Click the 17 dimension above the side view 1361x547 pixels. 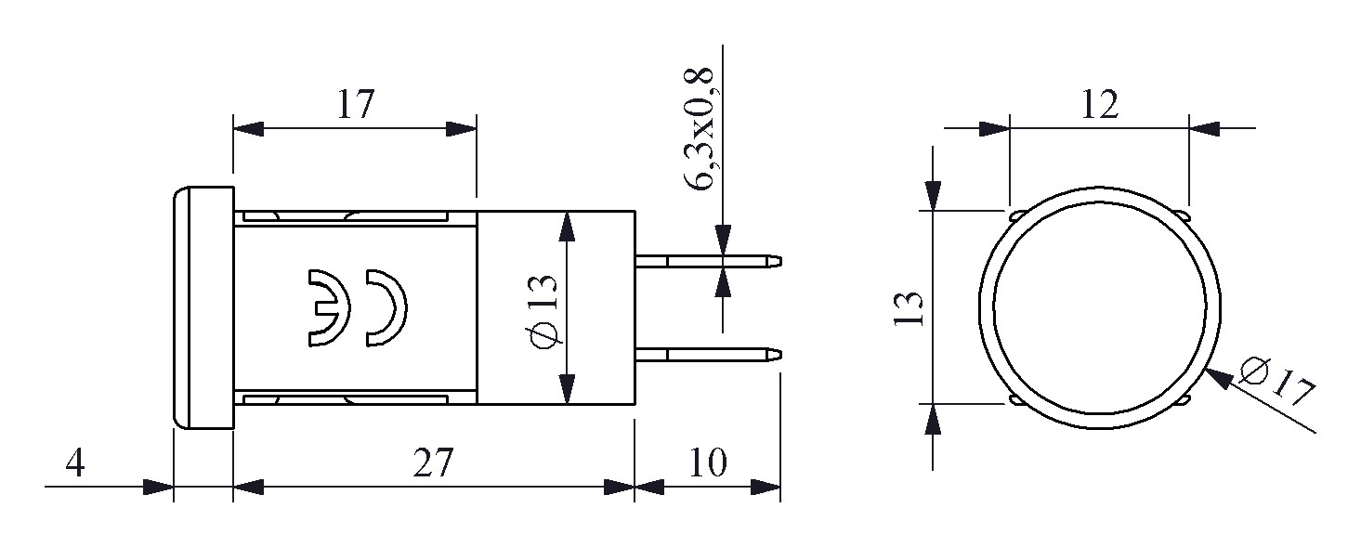pyautogui.click(x=354, y=105)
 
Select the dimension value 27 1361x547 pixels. pyautogui.click(x=432, y=462)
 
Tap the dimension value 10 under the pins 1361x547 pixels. pyautogui.click(x=708, y=462)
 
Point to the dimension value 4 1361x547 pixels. pyautogui.click(x=76, y=462)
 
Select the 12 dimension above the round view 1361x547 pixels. pyautogui.click(x=1098, y=105)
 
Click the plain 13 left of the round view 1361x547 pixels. pyautogui.click(x=912, y=308)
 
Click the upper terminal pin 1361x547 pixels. pyautogui.click(x=710, y=261)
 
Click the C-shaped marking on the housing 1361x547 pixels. pyautogui.click(x=386, y=308)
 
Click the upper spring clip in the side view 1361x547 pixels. pyautogui.click(x=344, y=217)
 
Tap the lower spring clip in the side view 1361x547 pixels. pyautogui.click(x=344, y=398)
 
